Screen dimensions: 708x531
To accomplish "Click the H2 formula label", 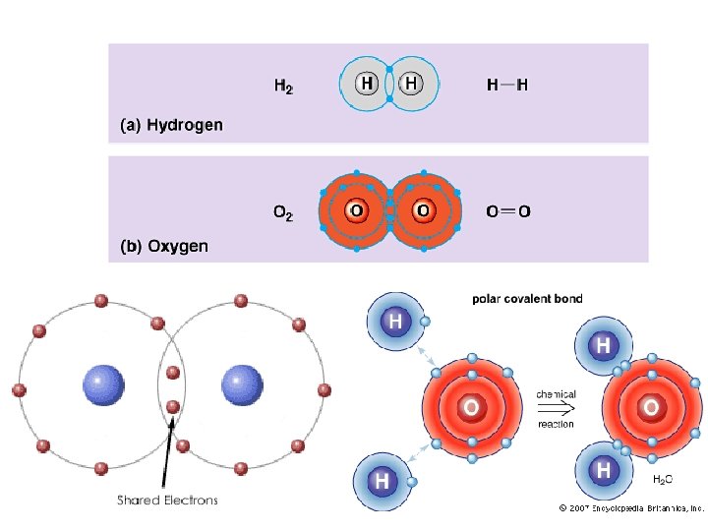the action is pos(283,86).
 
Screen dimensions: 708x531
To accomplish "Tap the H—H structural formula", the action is pos(507,85).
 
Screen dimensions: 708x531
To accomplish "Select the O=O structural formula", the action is pos(508,210).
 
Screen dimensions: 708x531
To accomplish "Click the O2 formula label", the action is pos(283,212).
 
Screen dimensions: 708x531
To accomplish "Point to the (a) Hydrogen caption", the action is pos(171,125).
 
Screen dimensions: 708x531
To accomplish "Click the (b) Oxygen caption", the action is pos(164,246).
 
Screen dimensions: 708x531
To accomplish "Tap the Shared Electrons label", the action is pos(167,500).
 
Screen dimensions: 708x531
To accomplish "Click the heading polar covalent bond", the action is pos(527,299).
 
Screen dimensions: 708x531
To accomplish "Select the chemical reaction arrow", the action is pos(556,409).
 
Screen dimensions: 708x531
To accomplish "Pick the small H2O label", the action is pos(663,479).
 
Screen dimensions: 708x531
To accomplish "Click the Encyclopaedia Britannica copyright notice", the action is pos(631,508).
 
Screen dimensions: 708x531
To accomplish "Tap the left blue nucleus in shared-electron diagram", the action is pos(103,385).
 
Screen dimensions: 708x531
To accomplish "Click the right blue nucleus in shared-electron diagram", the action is pos(242,385).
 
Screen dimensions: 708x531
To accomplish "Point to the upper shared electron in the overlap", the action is pos(173,373).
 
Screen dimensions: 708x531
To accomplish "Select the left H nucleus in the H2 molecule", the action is pos(367,84).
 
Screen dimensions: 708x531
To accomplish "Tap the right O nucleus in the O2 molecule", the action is pos(423,210).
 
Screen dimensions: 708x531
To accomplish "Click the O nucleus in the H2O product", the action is pos(651,408).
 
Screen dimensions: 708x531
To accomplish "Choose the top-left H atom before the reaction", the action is pos(395,322).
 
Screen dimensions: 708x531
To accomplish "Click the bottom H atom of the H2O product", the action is pos(604,470).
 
